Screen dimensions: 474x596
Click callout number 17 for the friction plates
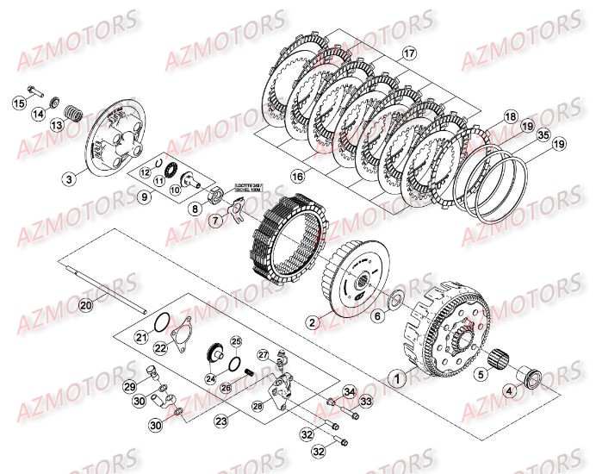coord(408,53)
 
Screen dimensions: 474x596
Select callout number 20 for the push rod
coord(85,305)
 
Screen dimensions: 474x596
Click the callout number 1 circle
coord(397,377)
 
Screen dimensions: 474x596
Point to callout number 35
coord(542,135)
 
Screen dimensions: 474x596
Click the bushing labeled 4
coord(531,376)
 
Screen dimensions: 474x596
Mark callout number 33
coord(365,402)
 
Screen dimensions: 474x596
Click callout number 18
coord(510,116)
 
